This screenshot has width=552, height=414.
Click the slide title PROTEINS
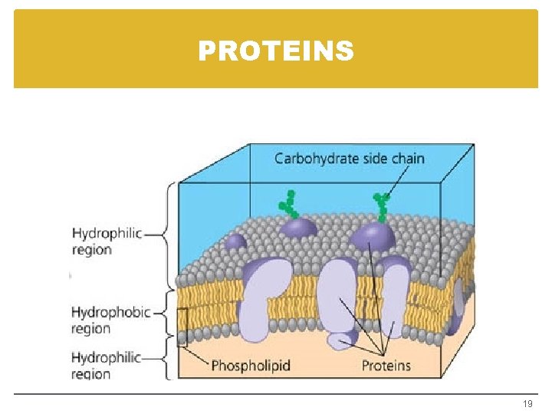(276, 51)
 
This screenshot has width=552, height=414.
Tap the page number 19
(527, 403)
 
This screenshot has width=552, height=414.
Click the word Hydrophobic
(110, 312)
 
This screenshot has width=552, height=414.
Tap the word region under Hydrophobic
(91, 329)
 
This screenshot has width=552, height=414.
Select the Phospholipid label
(251, 365)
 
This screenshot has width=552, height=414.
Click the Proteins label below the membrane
(386, 365)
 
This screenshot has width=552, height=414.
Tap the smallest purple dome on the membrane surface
(235, 242)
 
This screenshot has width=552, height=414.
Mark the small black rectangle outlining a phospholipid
(182, 327)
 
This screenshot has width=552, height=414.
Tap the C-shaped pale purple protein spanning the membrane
(265, 296)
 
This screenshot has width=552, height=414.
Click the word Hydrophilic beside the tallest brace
(107, 233)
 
